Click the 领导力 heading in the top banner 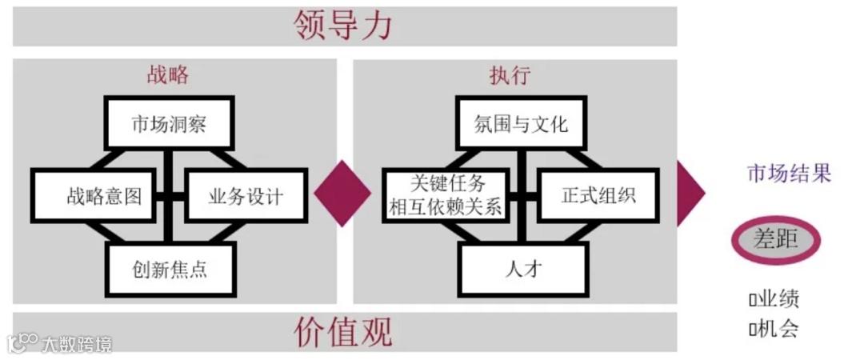pos(344,26)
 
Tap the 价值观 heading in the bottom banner pos(344,330)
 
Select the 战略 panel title pos(168,76)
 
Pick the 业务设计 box pos(246,196)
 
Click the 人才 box pos(524,269)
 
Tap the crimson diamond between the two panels pos(342,193)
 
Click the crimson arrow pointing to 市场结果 pos(690,193)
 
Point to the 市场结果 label pos(789,173)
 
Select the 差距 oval pos(775,238)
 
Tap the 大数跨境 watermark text pos(78,344)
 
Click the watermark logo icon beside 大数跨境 pos(22,343)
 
